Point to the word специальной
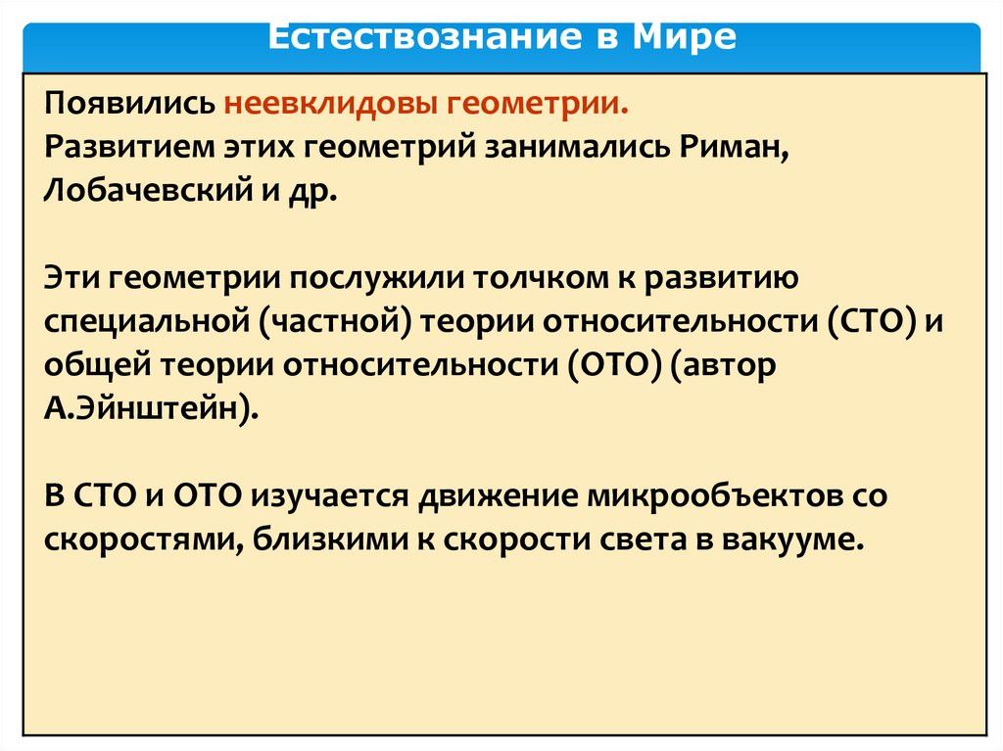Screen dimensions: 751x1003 pyautogui.click(x=157, y=322)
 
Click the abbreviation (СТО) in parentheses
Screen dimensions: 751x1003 pyautogui.click(x=863, y=321)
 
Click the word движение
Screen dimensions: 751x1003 pyautogui.click(x=499, y=495)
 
